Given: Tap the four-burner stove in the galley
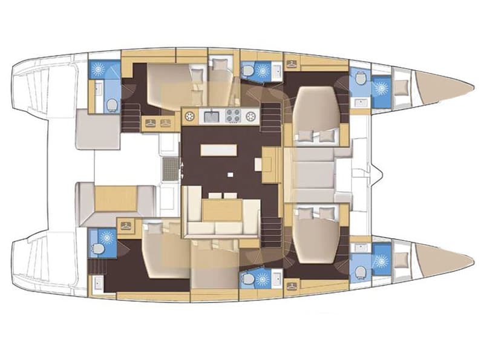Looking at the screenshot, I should pyautogui.click(x=234, y=116).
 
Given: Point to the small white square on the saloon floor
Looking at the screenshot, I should pyautogui.click(x=230, y=174).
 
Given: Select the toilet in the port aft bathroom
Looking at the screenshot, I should pyautogui.click(x=111, y=105).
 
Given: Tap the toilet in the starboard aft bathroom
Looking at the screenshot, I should pyautogui.click(x=97, y=250).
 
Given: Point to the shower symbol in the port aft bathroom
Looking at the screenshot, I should pyautogui.click(x=97, y=69).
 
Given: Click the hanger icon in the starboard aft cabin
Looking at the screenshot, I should pyautogui.click(x=126, y=225).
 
